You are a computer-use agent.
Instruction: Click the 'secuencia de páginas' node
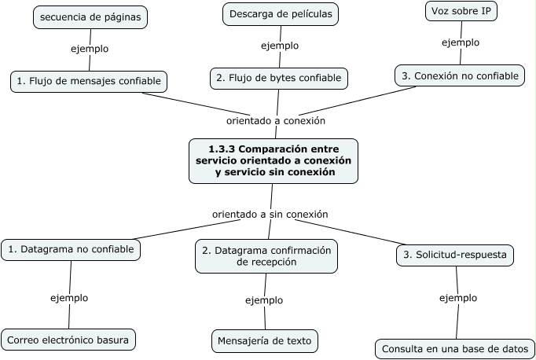coord(91,17)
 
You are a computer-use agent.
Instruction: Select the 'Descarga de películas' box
coord(280,13)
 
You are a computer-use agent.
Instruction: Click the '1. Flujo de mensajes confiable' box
coord(90,80)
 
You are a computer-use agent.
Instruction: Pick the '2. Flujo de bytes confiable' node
coord(279,78)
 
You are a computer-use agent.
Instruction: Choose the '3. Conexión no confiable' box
coord(460,75)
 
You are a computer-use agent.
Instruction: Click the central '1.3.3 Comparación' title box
coord(273,160)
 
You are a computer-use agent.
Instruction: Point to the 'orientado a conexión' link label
coord(275,121)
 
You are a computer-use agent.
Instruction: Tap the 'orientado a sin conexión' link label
coord(270,214)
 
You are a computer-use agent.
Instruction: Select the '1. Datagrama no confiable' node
coord(72,250)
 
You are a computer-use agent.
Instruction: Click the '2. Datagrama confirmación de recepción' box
coord(266,256)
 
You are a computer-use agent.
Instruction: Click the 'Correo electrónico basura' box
coord(69,340)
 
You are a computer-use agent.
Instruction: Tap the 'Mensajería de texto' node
coord(266,341)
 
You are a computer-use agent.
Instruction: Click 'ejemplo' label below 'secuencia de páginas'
coord(90,49)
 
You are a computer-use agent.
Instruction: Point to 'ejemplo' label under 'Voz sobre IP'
coord(461,42)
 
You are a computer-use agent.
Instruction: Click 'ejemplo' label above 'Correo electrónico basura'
coord(69,298)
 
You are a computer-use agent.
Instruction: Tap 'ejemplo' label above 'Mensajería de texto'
coord(264,300)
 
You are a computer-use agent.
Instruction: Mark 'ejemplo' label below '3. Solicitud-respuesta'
coord(457,298)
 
